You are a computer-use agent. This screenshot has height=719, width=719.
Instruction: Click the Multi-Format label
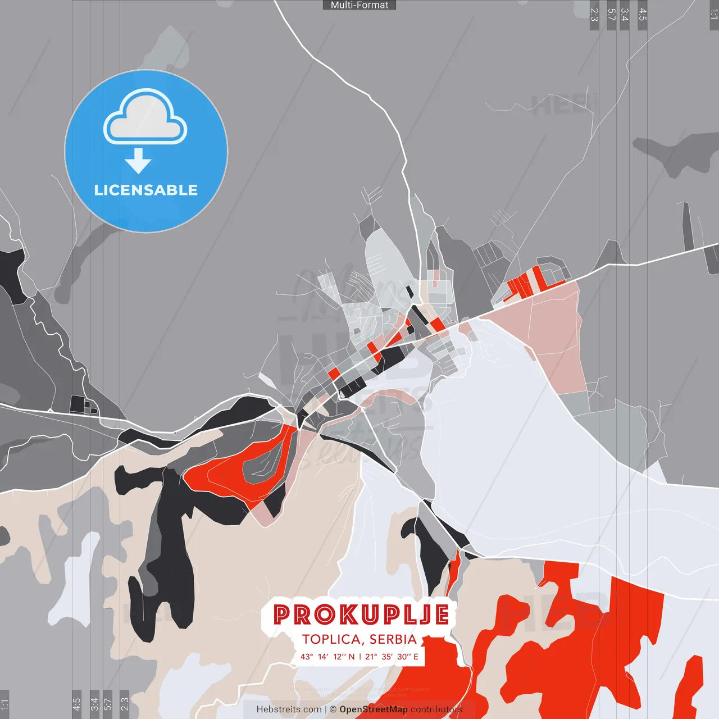click(359, 5)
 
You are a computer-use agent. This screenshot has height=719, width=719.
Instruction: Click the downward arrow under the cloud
click(138, 161)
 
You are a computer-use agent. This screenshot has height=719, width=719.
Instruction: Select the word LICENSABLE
click(146, 190)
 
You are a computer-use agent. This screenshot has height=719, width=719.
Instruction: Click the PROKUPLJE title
click(361, 615)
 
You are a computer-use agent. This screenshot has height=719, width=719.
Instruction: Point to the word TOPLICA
click(331, 639)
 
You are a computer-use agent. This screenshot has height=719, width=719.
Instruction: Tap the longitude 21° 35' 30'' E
click(392, 657)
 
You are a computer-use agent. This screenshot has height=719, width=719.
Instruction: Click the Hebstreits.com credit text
click(289, 709)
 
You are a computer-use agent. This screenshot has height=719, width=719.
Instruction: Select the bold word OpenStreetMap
click(374, 709)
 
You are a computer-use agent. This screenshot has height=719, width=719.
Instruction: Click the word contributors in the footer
click(436, 709)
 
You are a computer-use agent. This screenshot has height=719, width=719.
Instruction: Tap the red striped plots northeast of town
click(525, 284)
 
